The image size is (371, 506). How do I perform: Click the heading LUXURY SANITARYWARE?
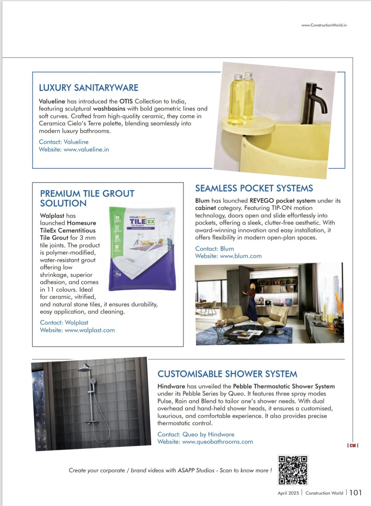(x=89, y=88)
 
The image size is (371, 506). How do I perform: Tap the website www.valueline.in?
(x=86, y=150)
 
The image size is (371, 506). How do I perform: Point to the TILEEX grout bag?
(x=142, y=249)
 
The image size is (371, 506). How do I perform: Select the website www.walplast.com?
(x=90, y=330)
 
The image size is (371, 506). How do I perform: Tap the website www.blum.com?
(x=240, y=256)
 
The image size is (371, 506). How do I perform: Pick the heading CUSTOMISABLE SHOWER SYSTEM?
(x=227, y=374)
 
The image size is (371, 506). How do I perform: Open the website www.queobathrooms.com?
(x=217, y=442)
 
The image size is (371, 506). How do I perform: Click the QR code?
(x=293, y=470)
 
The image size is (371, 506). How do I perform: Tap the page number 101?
(x=355, y=493)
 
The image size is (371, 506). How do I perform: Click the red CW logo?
(x=353, y=445)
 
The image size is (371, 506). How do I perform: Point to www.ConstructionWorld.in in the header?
(x=324, y=25)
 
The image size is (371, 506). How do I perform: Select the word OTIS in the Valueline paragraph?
(x=126, y=102)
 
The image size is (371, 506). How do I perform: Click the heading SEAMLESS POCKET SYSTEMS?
(x=254, y=188)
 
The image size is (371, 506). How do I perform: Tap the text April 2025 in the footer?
(x=288, y=493)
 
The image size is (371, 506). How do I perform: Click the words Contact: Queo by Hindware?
(x=196, y=435)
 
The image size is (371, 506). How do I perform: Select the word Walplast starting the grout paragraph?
(x=52, y=216)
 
